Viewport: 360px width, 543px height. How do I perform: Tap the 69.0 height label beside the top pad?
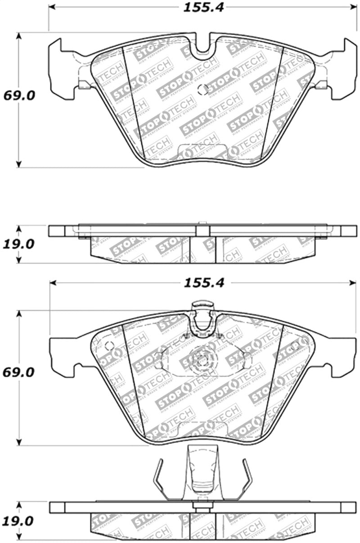19,95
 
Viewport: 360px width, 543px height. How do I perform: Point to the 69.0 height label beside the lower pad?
19,373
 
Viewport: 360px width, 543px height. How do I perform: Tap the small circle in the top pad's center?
203,89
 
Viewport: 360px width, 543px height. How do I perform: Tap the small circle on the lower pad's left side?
108,346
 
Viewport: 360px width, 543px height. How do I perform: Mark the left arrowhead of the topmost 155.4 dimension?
51,7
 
